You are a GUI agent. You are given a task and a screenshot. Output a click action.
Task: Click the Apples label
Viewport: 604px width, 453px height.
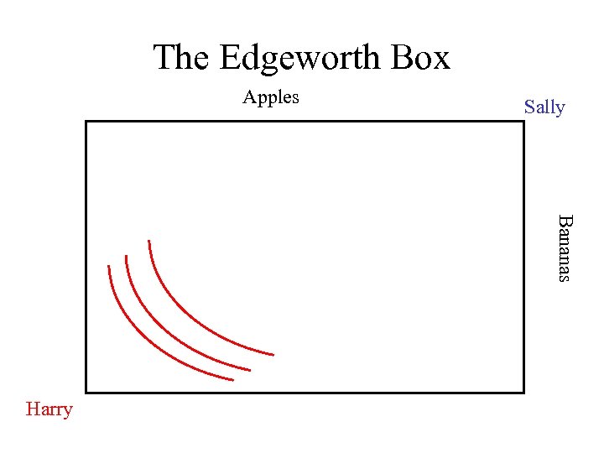pyautogui.click(x=271, y=97)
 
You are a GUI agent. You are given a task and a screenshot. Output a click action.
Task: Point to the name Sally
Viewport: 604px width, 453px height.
pyautogui.click(x=544, y=107)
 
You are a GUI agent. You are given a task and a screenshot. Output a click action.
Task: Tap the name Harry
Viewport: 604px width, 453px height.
pyautogui.click(x=49, y=409)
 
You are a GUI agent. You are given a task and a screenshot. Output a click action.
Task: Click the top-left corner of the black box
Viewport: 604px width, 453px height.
pyautogui.click(x=86, y=122)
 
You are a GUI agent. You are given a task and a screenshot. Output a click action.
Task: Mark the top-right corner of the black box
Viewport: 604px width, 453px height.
pyautogui.click(x=523, y=122)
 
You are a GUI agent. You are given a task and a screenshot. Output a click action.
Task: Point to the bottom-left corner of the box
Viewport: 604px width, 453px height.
pyautogui.click(x=86, y=392)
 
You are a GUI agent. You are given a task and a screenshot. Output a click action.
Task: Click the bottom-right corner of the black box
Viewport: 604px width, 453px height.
pyautogui.click(x=523, y=392)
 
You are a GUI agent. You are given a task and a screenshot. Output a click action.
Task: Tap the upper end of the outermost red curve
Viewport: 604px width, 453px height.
pyautogui.click(x=148, y=242)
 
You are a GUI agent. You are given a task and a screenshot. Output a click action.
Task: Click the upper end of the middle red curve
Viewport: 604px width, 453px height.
pyautogui.click(x=126, y=257)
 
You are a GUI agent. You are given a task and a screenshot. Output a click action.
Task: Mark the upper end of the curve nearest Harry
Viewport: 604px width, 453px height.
pyautogui.click(x=108, y=267)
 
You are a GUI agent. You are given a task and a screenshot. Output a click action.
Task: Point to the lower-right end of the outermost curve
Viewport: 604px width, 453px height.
pyautogui.click(x=273, y=354)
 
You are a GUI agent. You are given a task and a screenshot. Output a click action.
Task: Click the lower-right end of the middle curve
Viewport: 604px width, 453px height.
pyautogui.click(x=250, y=369)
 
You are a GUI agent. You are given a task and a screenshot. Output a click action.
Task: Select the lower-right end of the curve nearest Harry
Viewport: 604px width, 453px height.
pyautogui.click(x=232, y=380)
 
